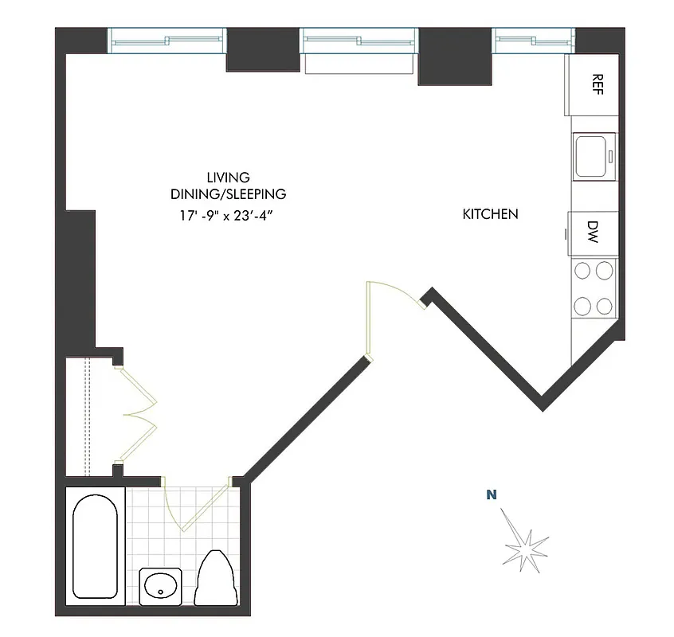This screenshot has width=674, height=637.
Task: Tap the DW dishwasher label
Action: coord(593,233)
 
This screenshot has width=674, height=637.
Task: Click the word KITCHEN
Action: coord(490,214)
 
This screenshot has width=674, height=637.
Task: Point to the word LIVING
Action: coord(228,178)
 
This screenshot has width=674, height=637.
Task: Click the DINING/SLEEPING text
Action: coord(228,194)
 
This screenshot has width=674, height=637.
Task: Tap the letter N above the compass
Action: coord(492,495)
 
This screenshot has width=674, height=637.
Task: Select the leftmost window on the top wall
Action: coord(166,39)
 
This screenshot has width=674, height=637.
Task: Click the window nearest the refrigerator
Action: coord(532,39)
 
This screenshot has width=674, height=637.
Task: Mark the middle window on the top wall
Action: coord(359,39)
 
